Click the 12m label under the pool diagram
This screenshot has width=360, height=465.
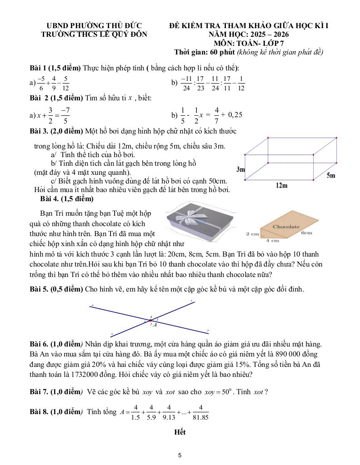tap(281, 185)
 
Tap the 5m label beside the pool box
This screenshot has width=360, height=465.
tap(331, 175)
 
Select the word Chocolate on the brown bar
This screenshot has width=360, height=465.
tap(286, 226)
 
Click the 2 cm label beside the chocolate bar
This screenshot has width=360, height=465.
tap(252, 234)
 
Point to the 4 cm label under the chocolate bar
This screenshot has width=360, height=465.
tap(272, 241)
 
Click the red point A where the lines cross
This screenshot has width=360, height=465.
tap(151, 321)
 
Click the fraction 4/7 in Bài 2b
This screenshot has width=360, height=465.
tap(217, 115)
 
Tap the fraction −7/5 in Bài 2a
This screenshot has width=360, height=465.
tap(65, 115)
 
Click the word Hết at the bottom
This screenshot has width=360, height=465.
tap(180, 432)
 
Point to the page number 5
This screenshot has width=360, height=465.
tap(180, 455)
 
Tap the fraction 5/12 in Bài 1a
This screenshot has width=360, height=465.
tap(65, 83)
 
